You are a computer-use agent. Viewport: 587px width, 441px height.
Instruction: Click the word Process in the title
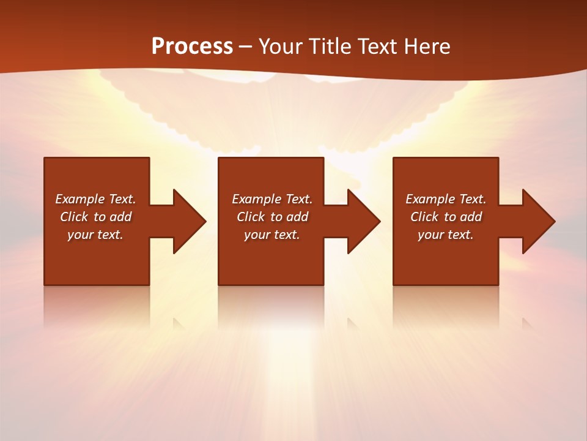(192, 47)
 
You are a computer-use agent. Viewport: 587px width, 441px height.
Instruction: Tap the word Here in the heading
(427, 47)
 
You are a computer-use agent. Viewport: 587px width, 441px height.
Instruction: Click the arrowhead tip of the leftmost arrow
(205, 221)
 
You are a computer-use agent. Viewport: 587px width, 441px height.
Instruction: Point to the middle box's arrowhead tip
(380, 221)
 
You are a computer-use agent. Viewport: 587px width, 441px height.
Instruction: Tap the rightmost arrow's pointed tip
(555, 221)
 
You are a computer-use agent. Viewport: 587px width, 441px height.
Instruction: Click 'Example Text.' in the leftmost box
(95, 199)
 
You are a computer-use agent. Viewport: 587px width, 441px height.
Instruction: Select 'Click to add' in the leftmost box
(95, 217)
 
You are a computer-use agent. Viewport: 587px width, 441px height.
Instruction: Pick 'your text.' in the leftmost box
(95, 235)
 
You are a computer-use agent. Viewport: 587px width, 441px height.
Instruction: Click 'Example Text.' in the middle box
(272, 199)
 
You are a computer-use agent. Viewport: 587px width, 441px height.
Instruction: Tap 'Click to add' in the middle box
(272, 217)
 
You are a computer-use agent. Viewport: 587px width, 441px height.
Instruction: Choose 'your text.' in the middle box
(272, 235)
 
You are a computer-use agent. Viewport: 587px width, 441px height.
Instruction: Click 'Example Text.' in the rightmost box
(446, 199)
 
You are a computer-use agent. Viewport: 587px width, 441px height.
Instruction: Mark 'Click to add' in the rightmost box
(446, 217)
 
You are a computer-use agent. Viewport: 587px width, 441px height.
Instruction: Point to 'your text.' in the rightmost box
(446, 235)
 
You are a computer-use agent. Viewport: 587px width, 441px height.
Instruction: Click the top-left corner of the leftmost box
(45, 158)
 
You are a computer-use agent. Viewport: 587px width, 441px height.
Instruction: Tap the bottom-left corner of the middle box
(219, 284)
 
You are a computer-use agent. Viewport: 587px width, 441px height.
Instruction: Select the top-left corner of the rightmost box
(394, 158)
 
